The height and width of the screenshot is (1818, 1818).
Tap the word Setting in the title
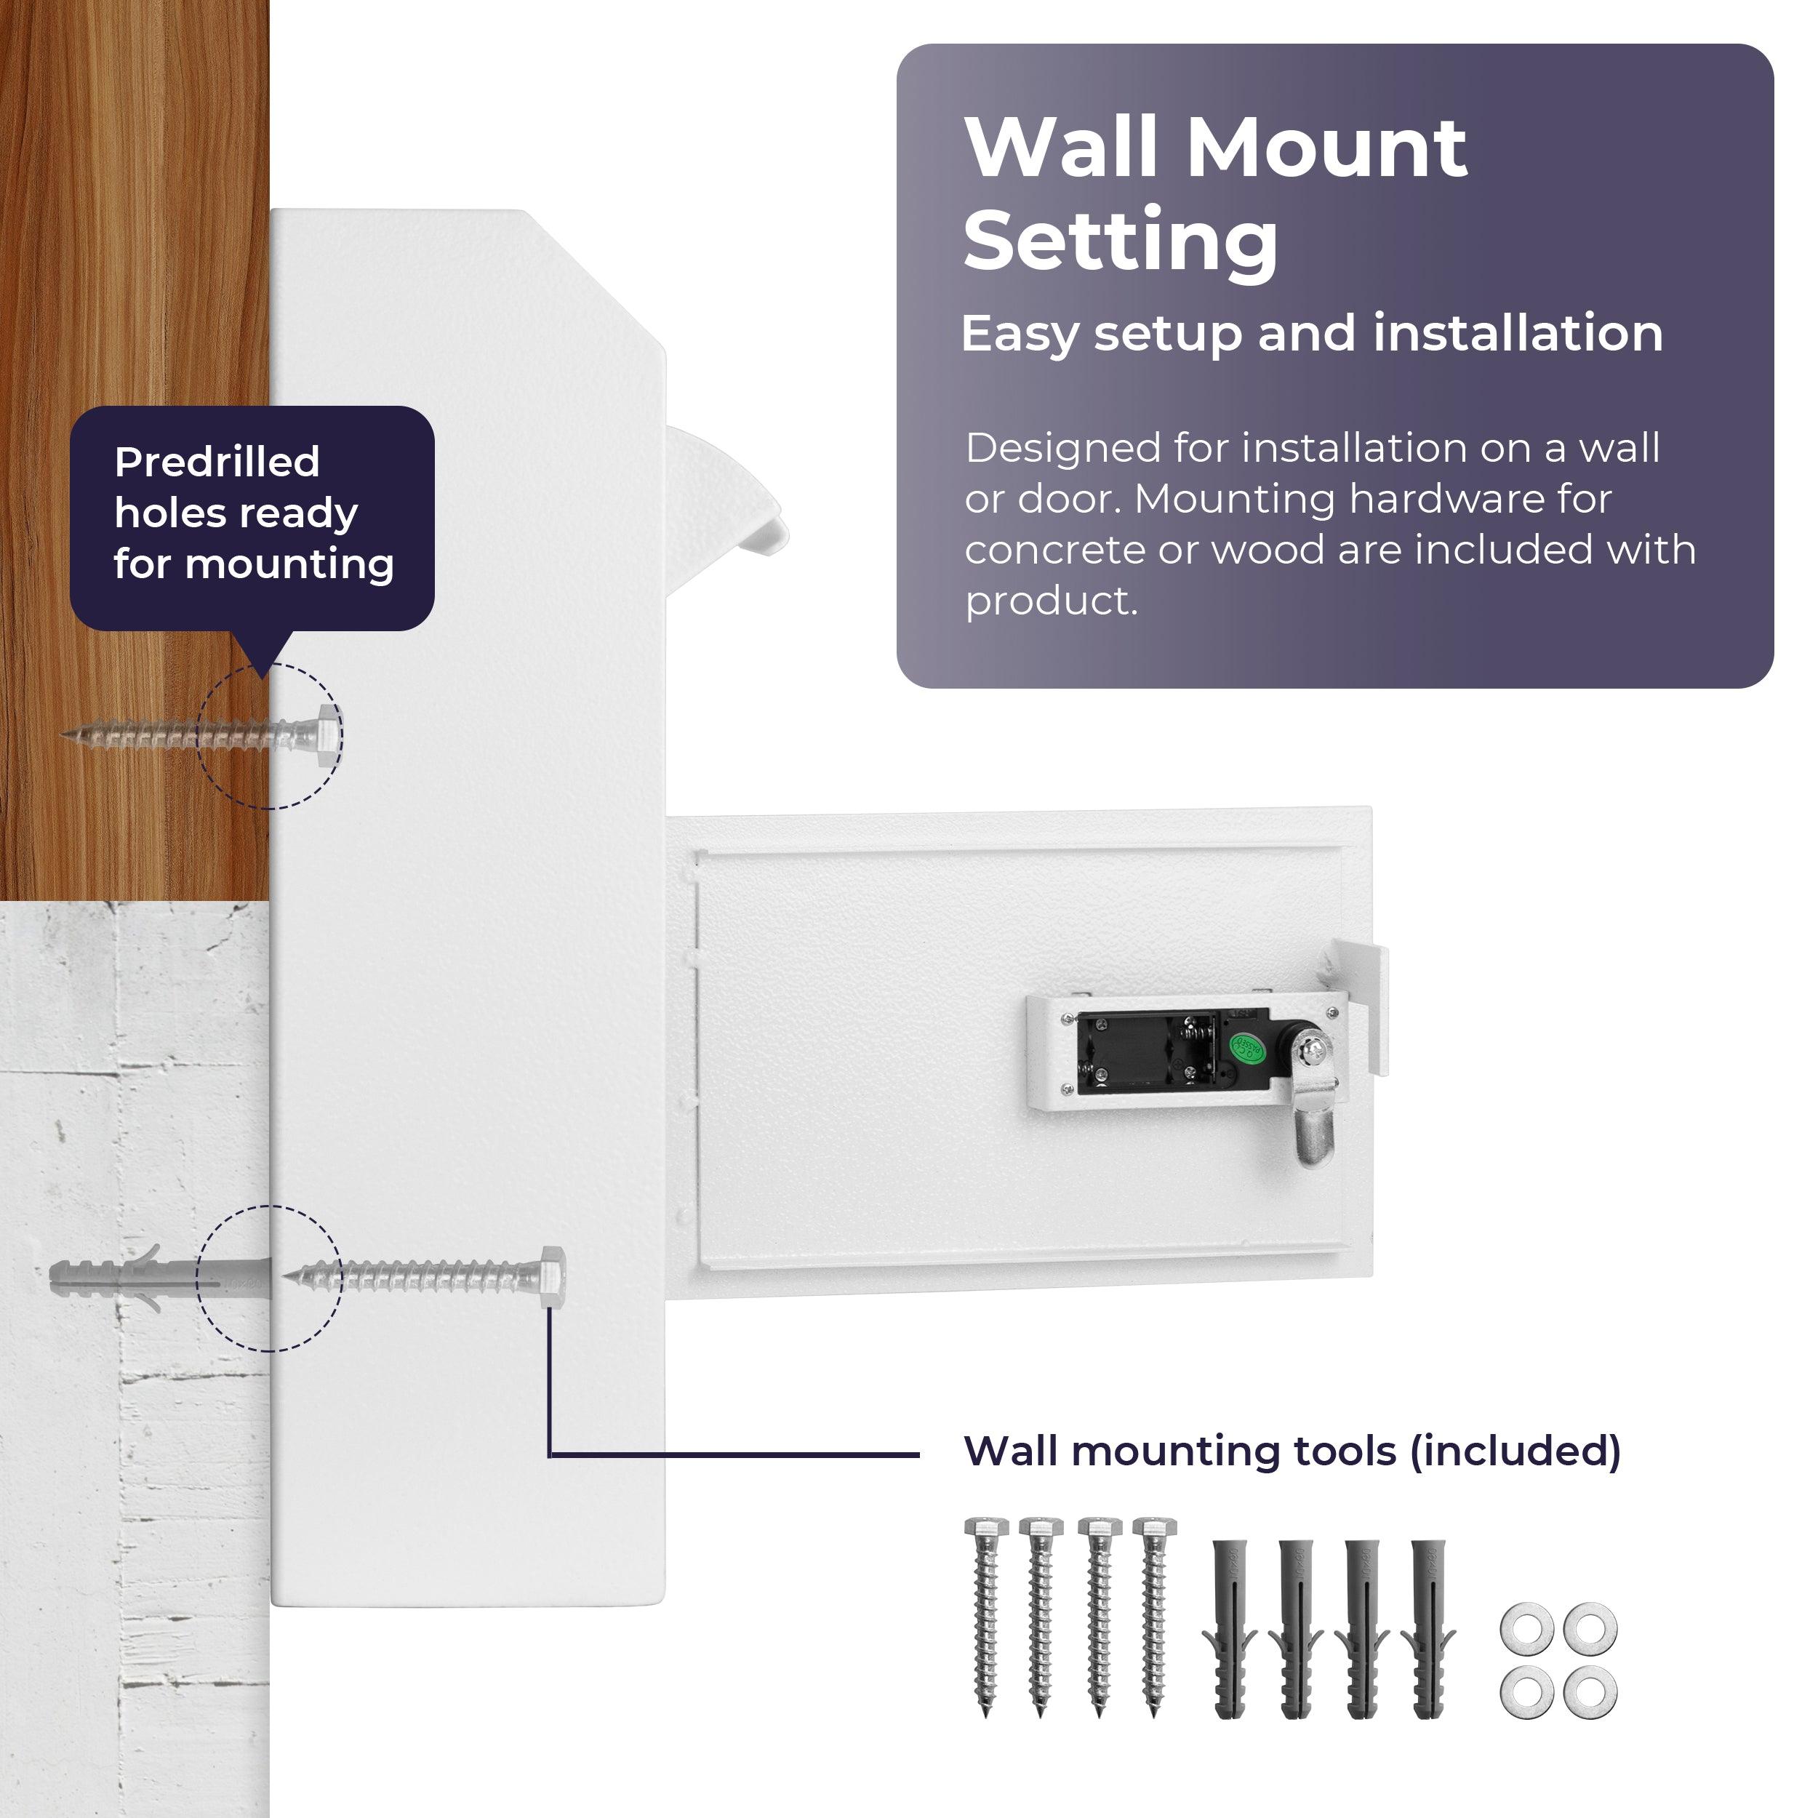pos(1121,241)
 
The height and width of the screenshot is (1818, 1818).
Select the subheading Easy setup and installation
pos(1312,334)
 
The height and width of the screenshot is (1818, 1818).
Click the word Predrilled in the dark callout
pos(217,462)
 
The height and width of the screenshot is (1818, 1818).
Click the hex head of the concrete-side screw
pos(553,1277)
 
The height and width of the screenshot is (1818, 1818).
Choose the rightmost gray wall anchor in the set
pos(1427,1629)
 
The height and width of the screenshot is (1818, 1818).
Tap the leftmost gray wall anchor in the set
pos(1229,1629)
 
